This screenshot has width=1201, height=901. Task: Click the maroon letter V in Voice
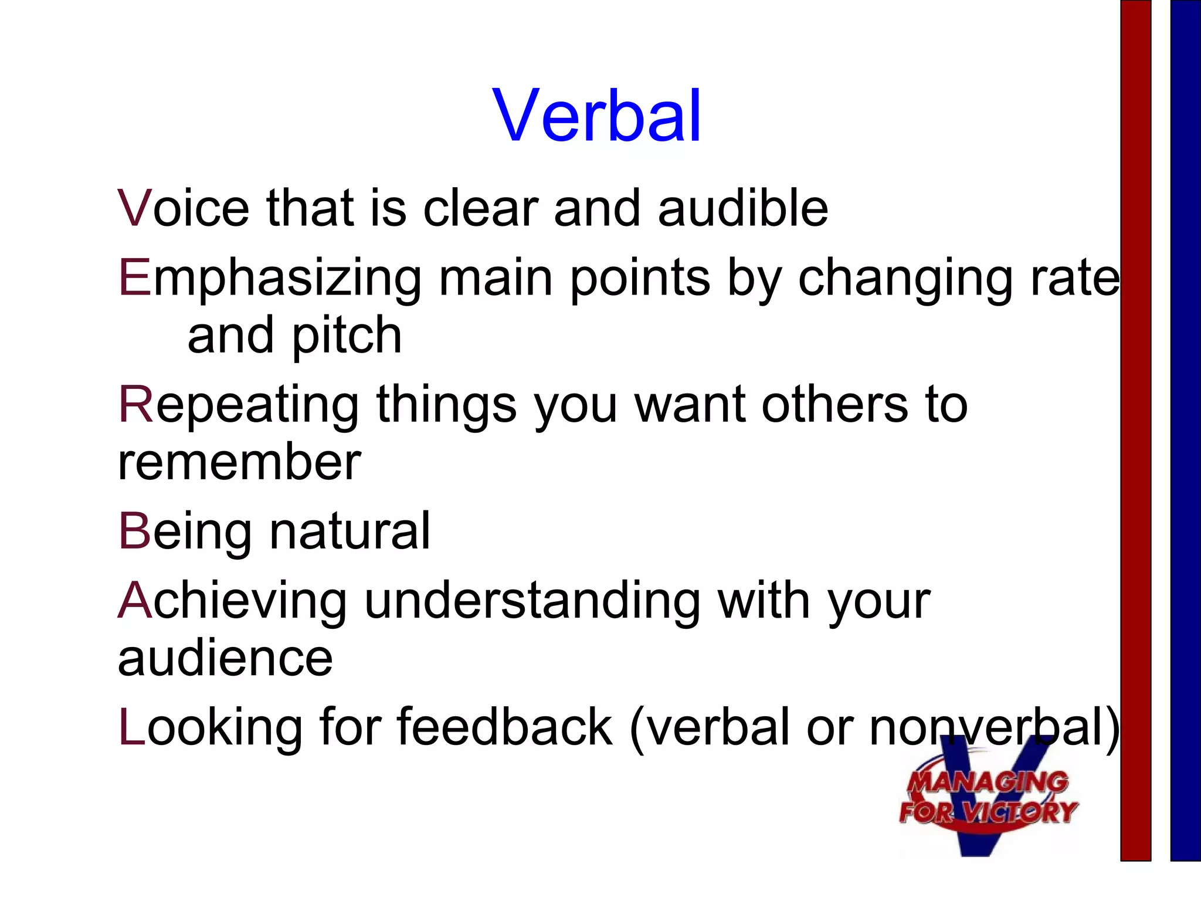135,208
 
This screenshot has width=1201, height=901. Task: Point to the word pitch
346,336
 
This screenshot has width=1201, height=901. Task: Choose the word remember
239,462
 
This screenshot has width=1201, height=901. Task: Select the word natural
350,531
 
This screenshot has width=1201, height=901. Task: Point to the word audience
225,658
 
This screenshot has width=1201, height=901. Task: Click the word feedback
504,727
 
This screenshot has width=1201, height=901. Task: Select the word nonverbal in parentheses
988,727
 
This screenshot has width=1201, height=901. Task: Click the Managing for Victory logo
988,804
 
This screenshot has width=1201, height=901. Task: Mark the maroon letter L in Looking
131,727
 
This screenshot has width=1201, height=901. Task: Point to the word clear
480,208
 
